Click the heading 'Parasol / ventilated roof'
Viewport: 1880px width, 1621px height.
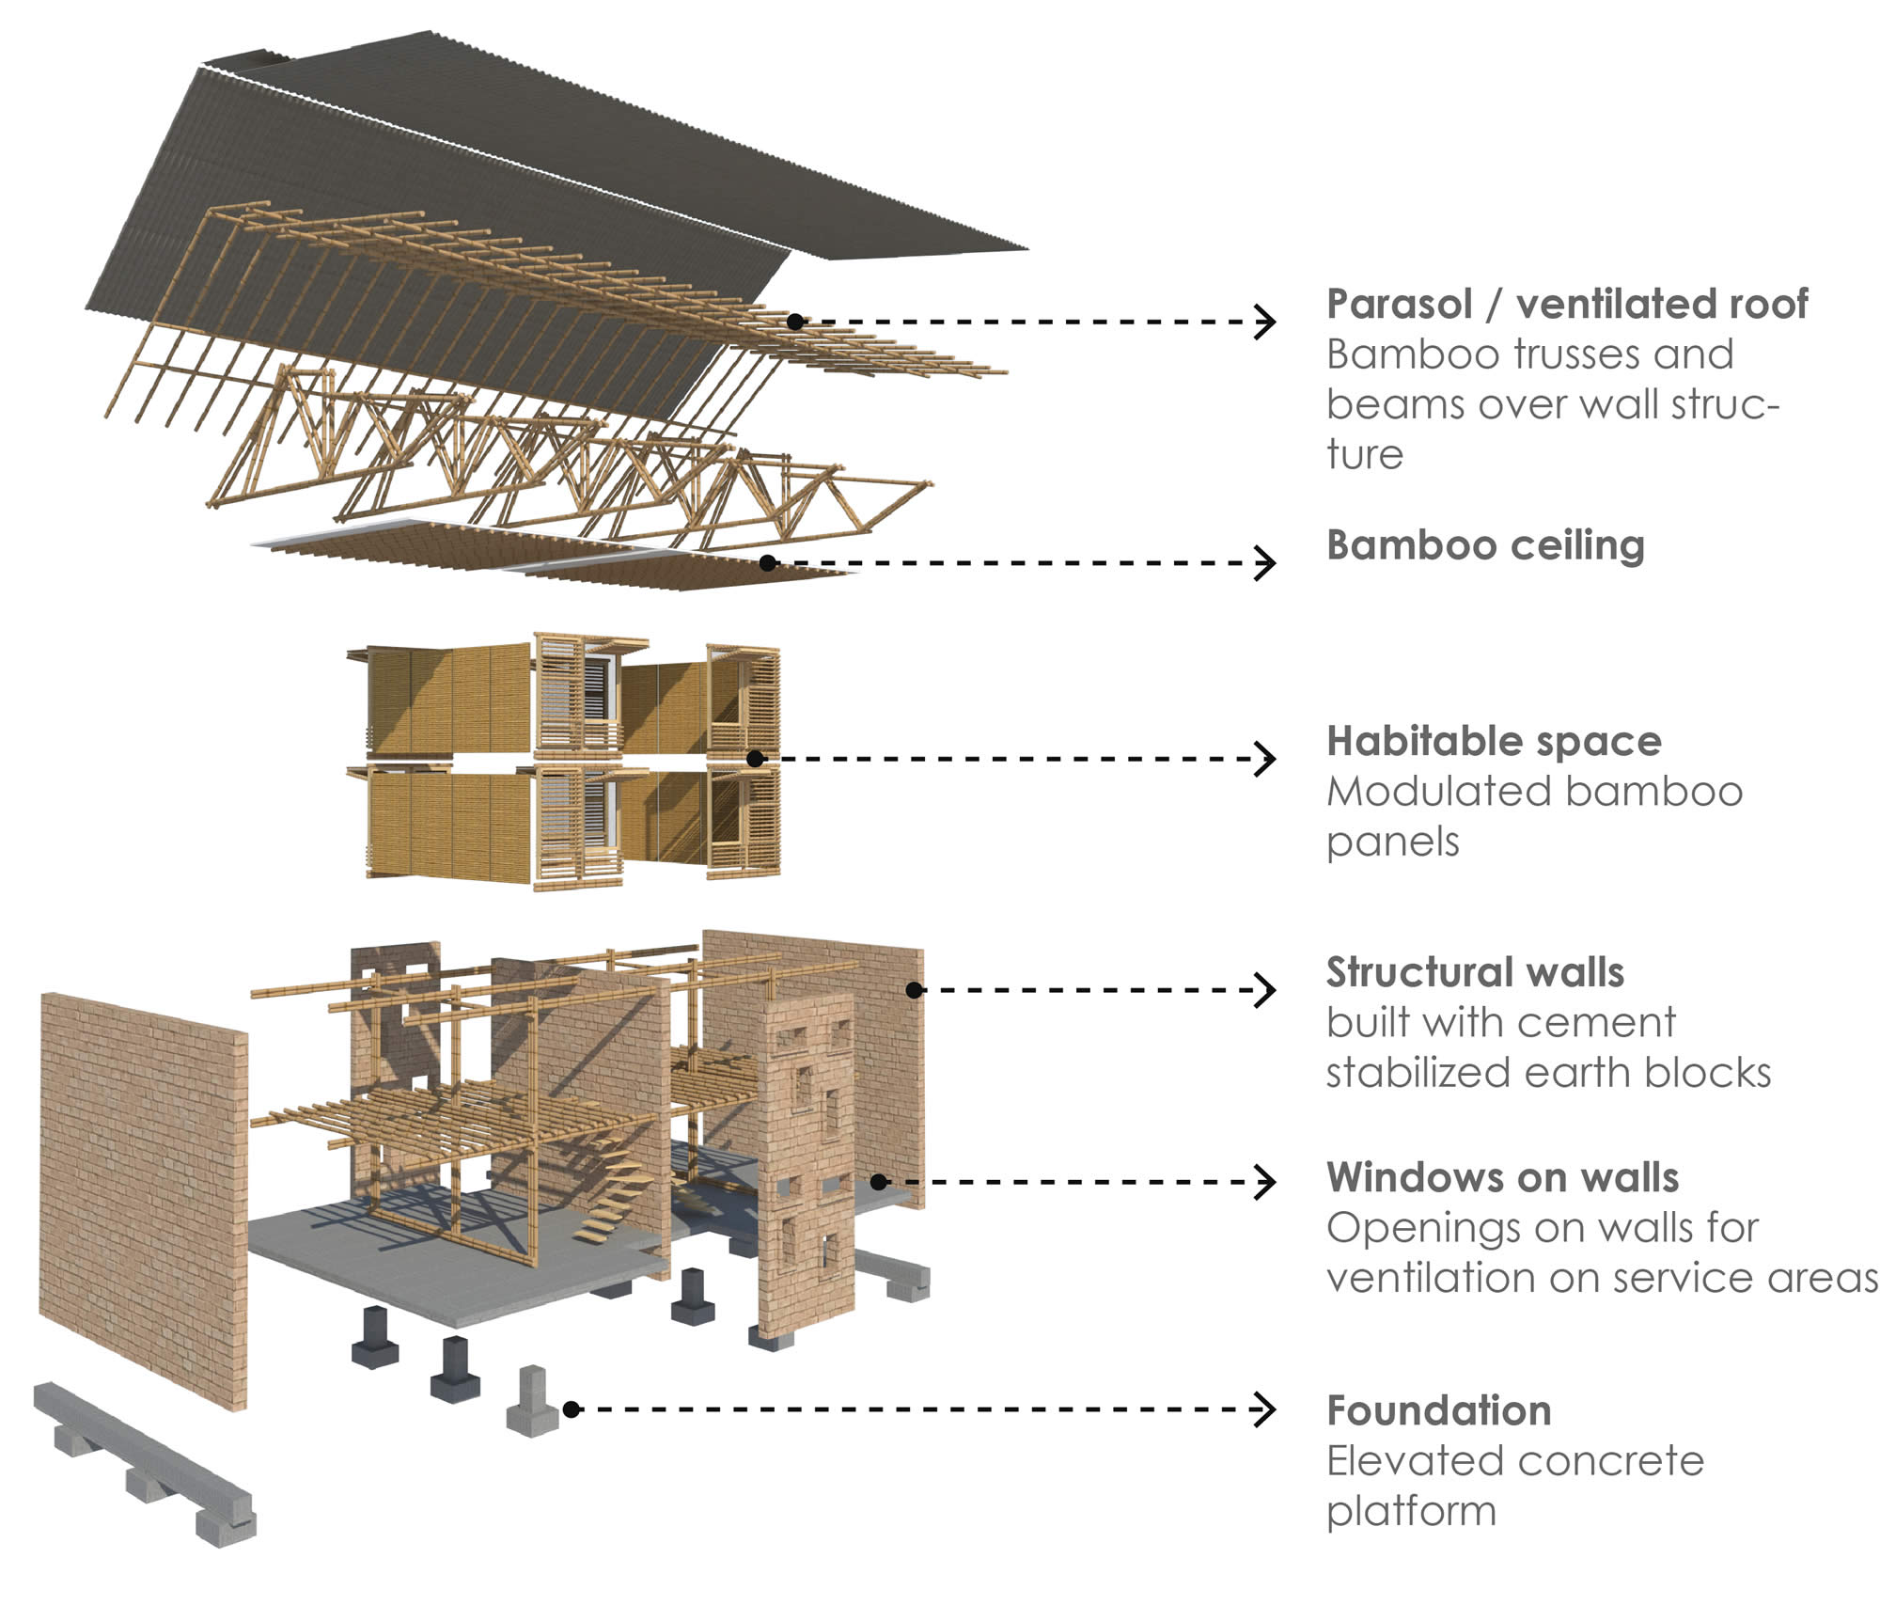[x=1566, y=304]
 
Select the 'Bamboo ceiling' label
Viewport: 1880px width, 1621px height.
[x=1485, y=545]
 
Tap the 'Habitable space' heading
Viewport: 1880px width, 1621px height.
[x=1494, y=741]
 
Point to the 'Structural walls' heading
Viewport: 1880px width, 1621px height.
[x=1475, y=972]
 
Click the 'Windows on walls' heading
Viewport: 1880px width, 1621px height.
[x=1502, y=1177]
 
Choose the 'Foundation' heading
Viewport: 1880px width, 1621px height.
[x=1439, y=1410]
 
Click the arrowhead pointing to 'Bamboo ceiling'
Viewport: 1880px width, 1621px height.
[x=1265, y=563]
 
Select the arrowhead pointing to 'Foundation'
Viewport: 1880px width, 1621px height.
[x=1265, y=1409]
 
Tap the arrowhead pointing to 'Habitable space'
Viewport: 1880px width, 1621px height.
[x=1265, y=758]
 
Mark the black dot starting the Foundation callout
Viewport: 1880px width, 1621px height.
[x=571, y=1409]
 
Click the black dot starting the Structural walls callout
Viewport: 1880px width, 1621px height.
[x=914, y=989]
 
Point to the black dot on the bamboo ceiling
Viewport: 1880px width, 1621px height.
[x=768, y=563]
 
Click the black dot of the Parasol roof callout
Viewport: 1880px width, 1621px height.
[x=795, y=322]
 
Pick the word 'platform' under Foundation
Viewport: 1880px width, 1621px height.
[x=1411, y=1511]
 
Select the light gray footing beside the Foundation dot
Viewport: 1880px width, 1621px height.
[x=532, y=1402]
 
